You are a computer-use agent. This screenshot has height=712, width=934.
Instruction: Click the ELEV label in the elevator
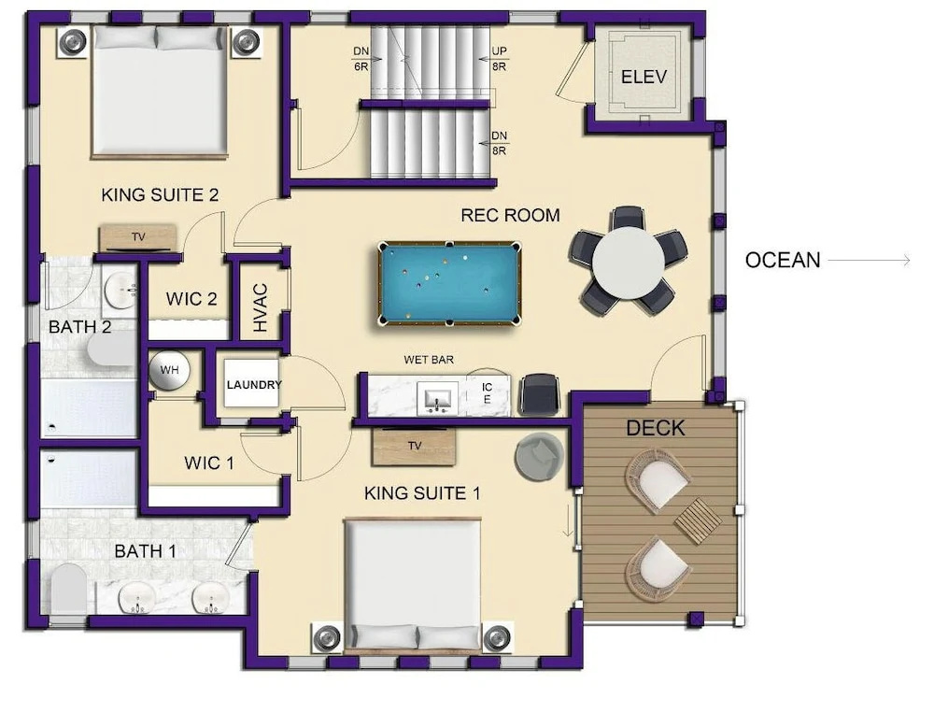[x=644, y=77]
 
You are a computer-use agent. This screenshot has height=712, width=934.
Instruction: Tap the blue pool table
[x=449, y=284]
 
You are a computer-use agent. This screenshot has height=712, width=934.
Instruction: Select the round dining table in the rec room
[x=628, y=262]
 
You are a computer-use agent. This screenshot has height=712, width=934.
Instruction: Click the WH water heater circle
[x=169, y=370]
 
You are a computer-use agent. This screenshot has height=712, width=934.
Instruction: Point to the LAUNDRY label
[x=254, y=385]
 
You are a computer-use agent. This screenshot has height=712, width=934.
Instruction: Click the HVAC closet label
[x=261, y=306]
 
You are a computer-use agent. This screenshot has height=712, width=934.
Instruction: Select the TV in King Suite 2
[x=138, y=237]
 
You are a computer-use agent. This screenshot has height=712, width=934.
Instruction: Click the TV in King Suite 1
[x=415, y=447]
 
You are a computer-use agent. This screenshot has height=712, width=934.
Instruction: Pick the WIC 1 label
[x=209, y=463]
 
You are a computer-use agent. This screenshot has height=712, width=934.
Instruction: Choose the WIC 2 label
[x=191, y=298]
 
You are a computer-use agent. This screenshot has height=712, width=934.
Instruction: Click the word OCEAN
[x=783, y=261]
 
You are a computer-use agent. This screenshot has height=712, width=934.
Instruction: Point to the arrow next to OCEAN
[x=869, y=261]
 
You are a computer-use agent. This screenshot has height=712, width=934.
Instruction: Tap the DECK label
[x=656, y=428]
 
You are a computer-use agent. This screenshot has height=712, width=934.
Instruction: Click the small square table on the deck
[x=698, y=521]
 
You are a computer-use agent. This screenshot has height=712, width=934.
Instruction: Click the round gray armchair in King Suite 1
[x=540, y=455]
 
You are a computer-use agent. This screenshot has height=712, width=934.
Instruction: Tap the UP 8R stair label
[x=499, y=59]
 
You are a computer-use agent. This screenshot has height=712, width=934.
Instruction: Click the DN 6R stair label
[x=361, y=59]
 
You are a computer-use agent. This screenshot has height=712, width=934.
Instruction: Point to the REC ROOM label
[x=511, y=215]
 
